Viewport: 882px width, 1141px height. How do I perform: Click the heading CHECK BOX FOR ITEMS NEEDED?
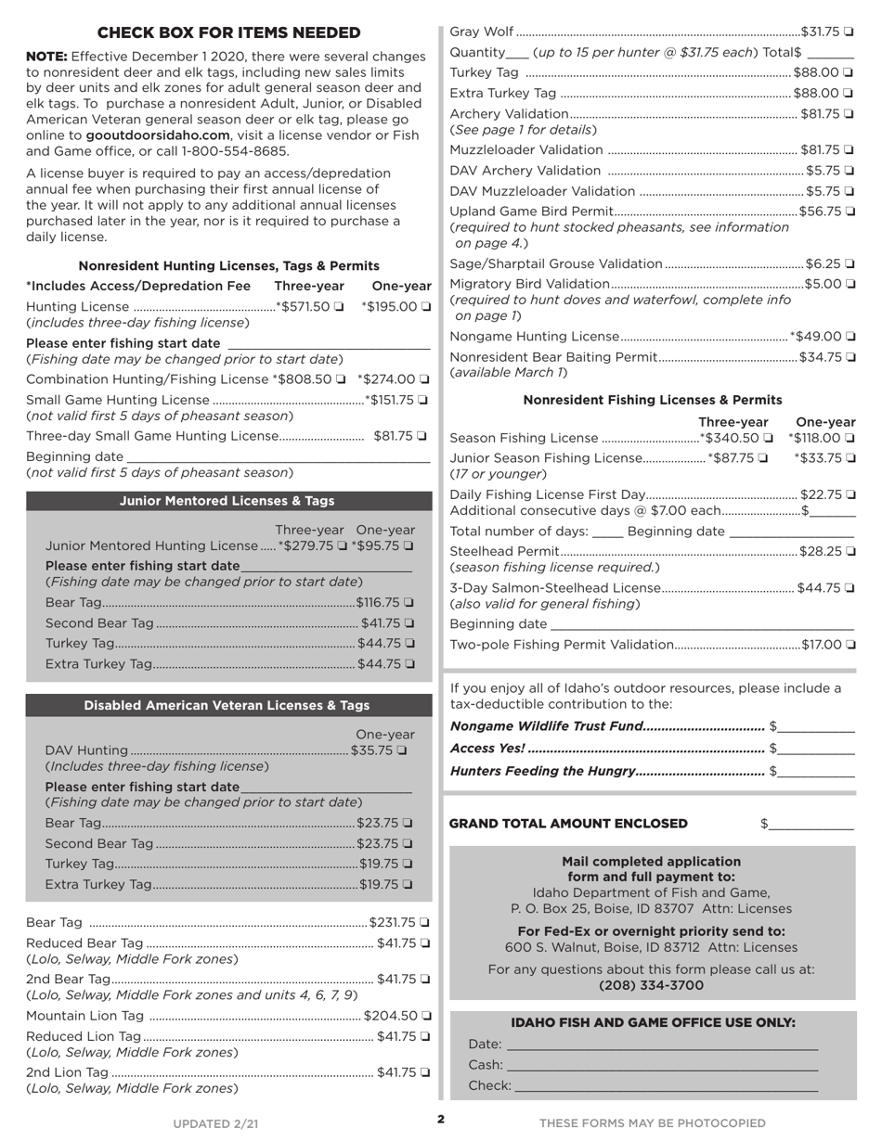pyautogui.click(x=228, y=33)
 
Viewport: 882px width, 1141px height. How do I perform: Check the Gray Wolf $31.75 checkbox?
pyautogui.click(x=850, y=32)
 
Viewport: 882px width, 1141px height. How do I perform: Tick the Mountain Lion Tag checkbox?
pyautogui.click(x=425, y=1016)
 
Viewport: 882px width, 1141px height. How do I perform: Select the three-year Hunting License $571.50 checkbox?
pyautogui.click(x=339, y=307)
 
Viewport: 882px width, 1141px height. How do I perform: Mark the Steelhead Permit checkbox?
pyautogui.click(x=850, y=552)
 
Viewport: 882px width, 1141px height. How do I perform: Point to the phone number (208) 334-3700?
pyautogui.click(x=652, y=985)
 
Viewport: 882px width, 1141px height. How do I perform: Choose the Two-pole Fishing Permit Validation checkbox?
pyautogui.click(x=850, y=645)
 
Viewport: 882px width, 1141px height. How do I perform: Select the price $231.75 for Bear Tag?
pyautogui.click(x=392, y=922)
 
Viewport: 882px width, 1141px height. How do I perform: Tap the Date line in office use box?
pyautogui.click(x=661, y=1045)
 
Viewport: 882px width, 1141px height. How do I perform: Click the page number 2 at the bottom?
pyautogui.click(x=441, y=1119)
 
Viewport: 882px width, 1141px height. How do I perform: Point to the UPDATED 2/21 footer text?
pyautogui.click(x=215, y=1123)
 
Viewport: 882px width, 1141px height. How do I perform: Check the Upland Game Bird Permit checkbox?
pyautogui.click(x=850, y=212)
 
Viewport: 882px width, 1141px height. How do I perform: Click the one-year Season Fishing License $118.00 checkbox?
pyautogui.click(x=850, y=438)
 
